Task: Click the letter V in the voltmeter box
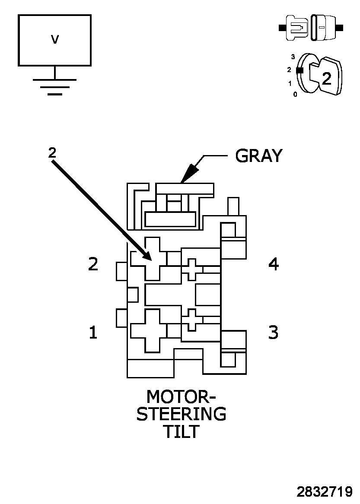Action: point(55,40)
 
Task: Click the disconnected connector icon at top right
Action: point(311,28)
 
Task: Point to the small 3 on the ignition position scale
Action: point(293,57)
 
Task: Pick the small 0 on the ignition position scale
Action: point(295,94)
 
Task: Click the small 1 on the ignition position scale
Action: point(290,83)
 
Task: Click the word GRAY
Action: point(258,155)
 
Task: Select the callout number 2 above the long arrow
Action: point(52,152)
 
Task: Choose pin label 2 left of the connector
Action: point(93,264)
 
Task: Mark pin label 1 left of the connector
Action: point(93,333)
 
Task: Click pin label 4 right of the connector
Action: point(274,264)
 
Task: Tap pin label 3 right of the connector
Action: point(274,333)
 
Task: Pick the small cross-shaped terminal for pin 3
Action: point(192,320)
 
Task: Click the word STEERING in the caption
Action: point(181,414)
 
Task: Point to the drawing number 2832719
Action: point(324,492)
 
